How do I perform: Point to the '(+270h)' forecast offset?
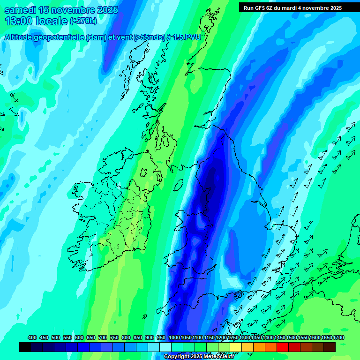[x=84, y=21]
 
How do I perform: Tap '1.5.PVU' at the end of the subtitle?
[x=187, y=37]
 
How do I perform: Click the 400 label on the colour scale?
[x=32, y=337]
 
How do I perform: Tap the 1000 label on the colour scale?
[x=174, y=337]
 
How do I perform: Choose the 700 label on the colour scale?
[x=103, y=337]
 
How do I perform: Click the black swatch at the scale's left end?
[x=25, y=347]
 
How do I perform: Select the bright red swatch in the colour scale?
[x=283, y=347]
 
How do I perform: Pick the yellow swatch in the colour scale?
[x=236, y=347]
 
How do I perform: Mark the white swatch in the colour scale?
[x=165, y=347]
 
